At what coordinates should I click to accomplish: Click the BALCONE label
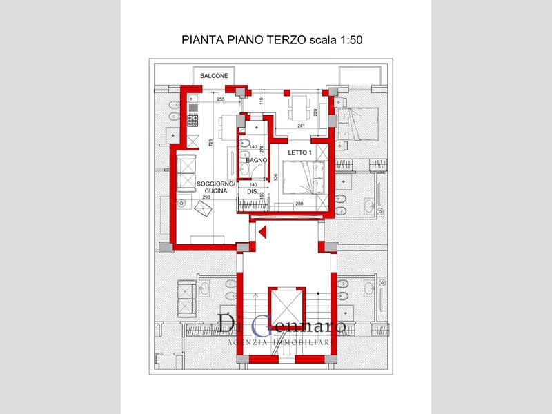click(x=214, y=76)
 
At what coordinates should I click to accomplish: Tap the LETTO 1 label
click(x=300, y=152)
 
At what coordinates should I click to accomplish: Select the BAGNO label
click(x=256, y=161)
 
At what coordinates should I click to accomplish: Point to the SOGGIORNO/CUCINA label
click(x=217, y=188)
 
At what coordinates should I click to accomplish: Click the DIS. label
click(x=253, y=193)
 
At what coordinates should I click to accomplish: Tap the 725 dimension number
click(x=210, y=143)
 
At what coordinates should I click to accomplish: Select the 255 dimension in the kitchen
click(x=221, y=100)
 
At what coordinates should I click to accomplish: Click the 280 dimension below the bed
click(x=299, y=204)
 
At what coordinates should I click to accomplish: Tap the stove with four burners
click(x=193, y=121)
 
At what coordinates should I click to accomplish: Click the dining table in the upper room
click(x=299, y=106)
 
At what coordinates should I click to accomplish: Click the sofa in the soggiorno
click(x=186, y=172)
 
